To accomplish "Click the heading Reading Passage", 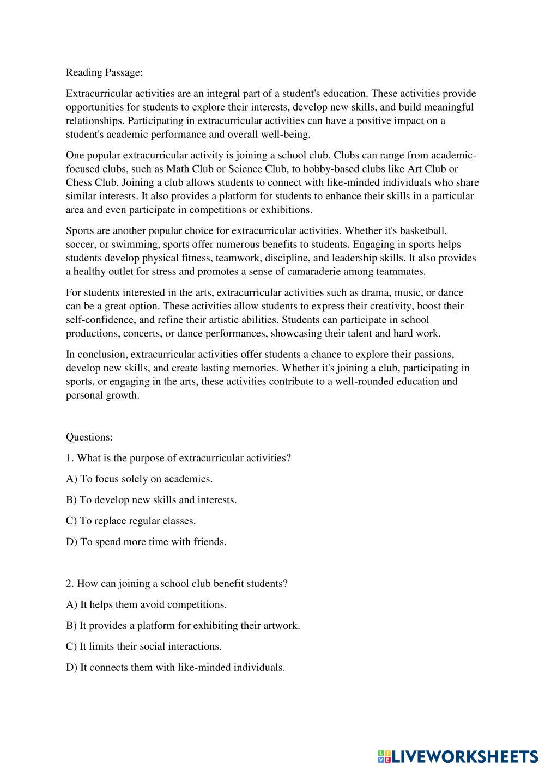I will click(x=104, y=72).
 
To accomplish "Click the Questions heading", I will click(x=89, y=437).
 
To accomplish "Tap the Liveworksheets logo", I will click(x=458, y=756).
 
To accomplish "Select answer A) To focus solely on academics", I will click(x=139, y=479).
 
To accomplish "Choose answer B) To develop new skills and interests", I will click(x=151, y=500).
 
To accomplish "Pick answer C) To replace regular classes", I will click(x=131, y=521).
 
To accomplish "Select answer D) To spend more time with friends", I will click(x=146, y=542).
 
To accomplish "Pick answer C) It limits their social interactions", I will click(x=144, y=646).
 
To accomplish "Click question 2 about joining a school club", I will click(x=177, y=584).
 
